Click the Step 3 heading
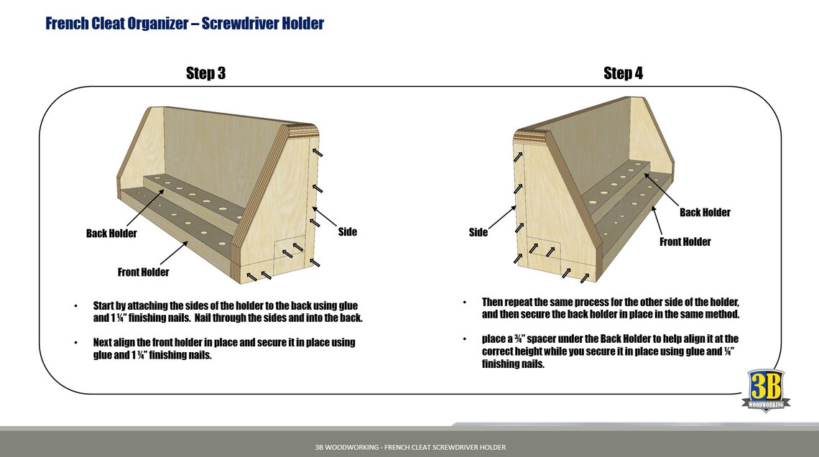coord(205,73)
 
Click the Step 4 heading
coord(623,73)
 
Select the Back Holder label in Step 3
coord(111,234)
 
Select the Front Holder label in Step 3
coord(144,272)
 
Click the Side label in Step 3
coord(347,232)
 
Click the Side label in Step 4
coord(478,232)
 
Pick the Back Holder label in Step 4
coord(705,213)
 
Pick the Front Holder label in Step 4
coord(685,242)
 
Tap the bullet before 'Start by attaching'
coord(75,306)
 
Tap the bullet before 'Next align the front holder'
coord(75,343)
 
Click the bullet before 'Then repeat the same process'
coord(464,303)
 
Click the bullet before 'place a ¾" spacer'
coord(464,339)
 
